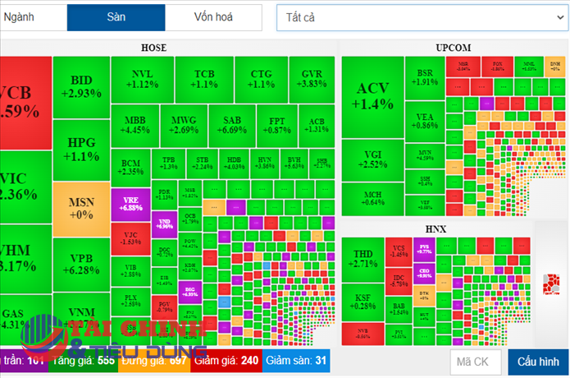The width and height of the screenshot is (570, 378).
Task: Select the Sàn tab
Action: pos(116,16)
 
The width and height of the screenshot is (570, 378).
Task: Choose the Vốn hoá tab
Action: pos(212,16)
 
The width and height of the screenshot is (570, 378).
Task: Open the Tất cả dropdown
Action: pos(422,17)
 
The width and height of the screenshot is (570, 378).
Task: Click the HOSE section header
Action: pos(153,48)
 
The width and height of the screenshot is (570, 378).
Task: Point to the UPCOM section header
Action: pos(454,48)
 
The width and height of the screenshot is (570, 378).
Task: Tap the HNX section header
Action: pos(435,228)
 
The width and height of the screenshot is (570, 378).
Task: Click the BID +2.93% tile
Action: pos(81,86)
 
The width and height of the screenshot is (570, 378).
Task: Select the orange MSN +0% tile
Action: pos(81,207)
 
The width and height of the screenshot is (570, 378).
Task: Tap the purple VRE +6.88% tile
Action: pos(130,203)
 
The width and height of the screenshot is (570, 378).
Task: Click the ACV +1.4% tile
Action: pos(372,95)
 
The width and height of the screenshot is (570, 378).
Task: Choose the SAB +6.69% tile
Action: pos(231,124)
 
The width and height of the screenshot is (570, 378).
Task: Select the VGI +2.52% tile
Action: pos(372,159)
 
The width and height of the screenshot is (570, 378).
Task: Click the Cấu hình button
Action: pos(538,361)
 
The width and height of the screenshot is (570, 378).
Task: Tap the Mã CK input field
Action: pos(475,361)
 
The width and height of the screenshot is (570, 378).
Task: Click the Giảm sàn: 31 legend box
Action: pos(298,360)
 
